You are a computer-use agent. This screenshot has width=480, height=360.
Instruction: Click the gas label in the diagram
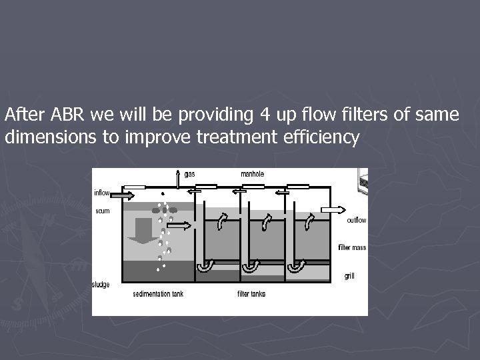(189, 175)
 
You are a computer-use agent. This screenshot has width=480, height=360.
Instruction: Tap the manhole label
(253, 175)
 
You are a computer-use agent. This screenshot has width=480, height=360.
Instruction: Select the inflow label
(101, 193)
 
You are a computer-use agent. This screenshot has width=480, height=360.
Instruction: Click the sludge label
(101, 285)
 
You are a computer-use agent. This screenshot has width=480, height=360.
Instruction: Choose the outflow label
(357, 221)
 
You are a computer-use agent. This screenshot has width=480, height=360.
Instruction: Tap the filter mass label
(352, 248)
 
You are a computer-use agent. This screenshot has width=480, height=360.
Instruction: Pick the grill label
(349, 275)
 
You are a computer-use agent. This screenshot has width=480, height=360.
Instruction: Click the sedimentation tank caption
(157, 294)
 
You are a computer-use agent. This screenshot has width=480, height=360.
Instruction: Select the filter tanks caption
(251, 294)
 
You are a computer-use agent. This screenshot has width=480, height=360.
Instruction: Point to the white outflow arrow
(334, 209)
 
